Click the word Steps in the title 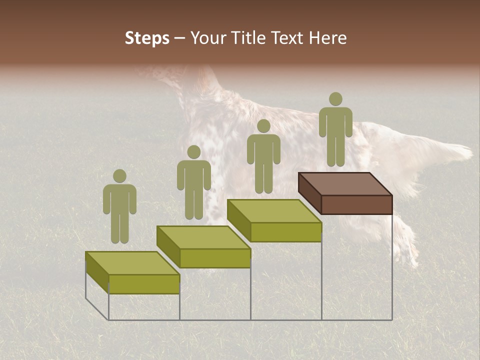[147, 38]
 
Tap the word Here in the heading [327, 38]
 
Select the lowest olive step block [132, 272]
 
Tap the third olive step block [274, 220]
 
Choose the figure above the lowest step [119, 207]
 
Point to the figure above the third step [263, 157]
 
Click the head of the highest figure [335, 99]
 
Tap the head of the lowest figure [119, 176]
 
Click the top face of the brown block [345, 183]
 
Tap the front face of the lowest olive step [144, 284]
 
